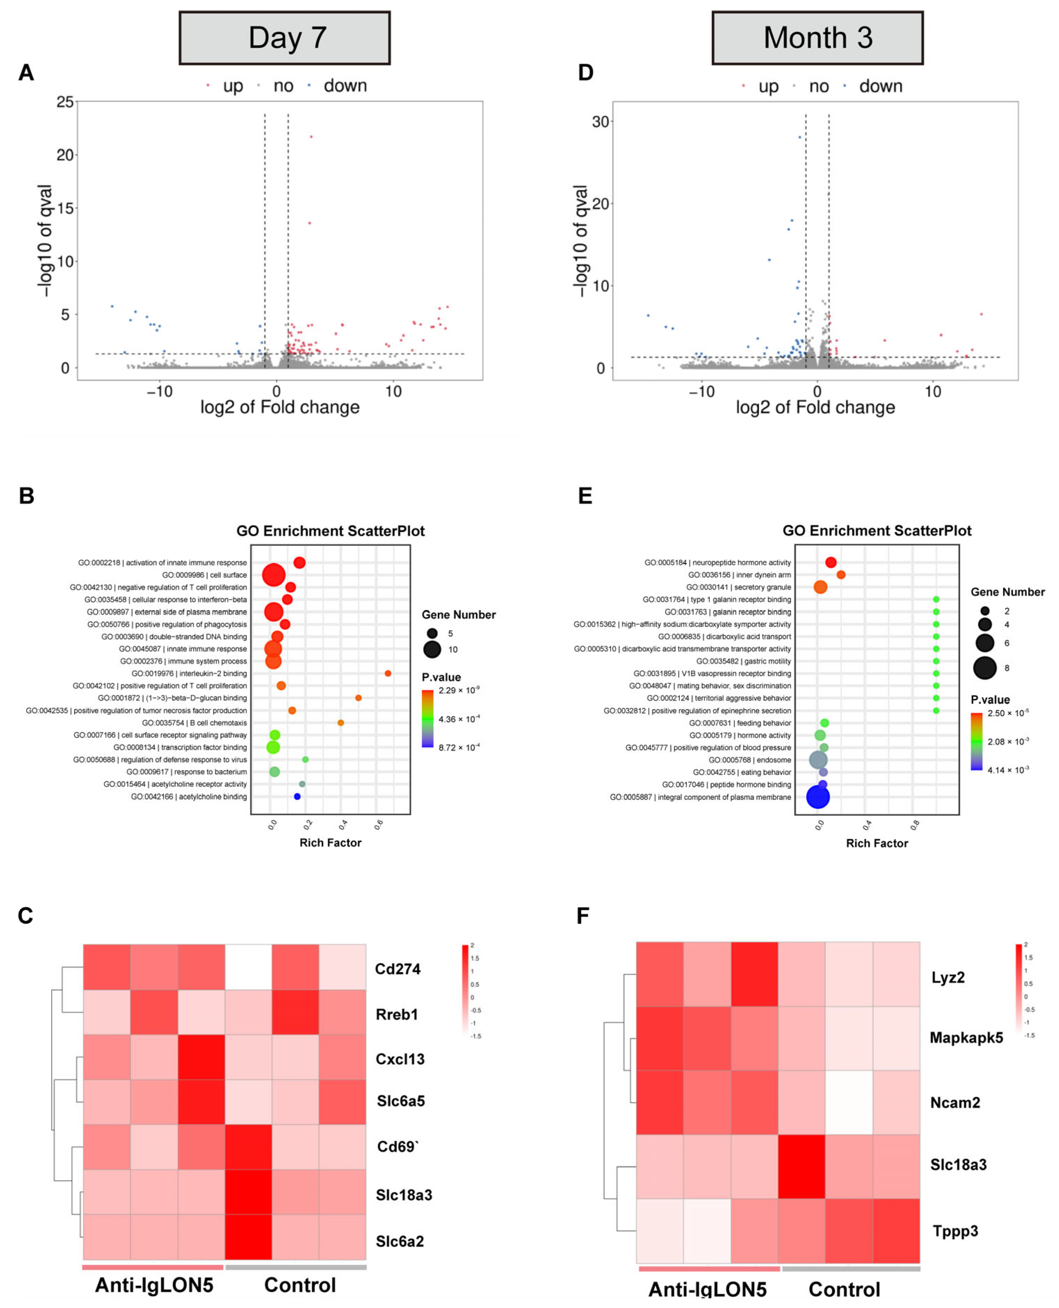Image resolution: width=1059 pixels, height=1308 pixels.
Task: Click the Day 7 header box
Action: point(284,38)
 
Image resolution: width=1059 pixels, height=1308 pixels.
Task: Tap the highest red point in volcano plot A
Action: point(311,137)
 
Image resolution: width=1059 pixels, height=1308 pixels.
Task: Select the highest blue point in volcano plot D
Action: point(800,137)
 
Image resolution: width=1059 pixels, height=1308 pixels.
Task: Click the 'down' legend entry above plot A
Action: point(344,86)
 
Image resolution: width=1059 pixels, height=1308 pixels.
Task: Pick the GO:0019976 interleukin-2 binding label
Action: point(189,673)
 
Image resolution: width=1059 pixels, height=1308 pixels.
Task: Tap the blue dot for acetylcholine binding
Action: point(297,796)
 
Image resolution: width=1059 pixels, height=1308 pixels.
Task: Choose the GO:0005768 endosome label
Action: point(749,760)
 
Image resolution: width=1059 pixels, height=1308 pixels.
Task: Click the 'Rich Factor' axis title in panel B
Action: point(330,843)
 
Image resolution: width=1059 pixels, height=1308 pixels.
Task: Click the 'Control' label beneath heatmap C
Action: point(300,1285)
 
